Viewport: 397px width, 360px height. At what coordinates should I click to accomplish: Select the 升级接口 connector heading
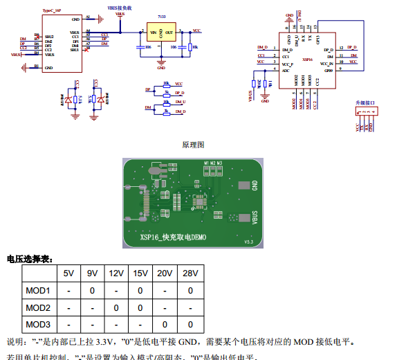pos(364,102)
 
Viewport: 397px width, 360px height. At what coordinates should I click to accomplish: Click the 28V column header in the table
pos(190,273)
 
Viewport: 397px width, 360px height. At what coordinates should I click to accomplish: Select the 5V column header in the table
pos(68,273)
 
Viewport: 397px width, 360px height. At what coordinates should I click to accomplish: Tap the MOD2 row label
pos(38,307)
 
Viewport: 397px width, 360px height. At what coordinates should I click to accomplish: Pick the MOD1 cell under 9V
pos(92,291)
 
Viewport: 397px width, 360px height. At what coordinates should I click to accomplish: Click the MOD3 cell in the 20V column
pos(165,324)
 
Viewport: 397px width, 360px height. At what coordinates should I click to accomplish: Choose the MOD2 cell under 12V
pos(116,307)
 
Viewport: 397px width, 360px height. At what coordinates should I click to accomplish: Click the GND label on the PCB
pos(255,185)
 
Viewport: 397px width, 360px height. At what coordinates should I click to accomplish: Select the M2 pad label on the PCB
pos(212,163)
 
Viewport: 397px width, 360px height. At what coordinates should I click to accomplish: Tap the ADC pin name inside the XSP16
pos(286,70)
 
